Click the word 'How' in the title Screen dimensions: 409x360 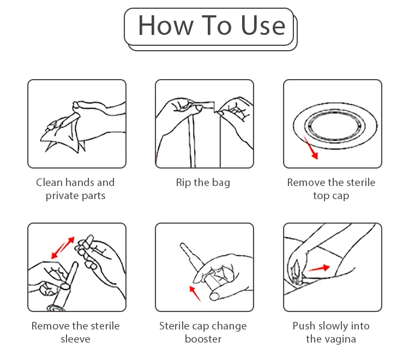coord(166,25)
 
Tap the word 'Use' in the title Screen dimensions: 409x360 coord(263,25)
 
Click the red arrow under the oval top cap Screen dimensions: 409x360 coord(311,148)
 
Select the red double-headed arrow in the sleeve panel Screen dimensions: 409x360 coord(63,248)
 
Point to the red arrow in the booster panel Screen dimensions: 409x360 coord(195,293)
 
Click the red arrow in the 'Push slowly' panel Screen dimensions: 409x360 coord(318,268)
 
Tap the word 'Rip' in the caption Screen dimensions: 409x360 coord(183,183)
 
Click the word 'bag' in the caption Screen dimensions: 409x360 coord(221,183)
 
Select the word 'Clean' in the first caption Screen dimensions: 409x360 coord(49,182)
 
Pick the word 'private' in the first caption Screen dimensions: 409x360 coord(62,196)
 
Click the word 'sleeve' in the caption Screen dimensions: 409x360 coord(75,339)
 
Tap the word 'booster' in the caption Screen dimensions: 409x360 coord(203,339)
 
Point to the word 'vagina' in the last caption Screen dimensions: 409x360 coord(340,339)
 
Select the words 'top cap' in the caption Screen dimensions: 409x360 coord(331,196)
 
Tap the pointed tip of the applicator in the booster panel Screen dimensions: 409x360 coord(182,245)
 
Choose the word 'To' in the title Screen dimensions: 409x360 coord(216,25)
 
